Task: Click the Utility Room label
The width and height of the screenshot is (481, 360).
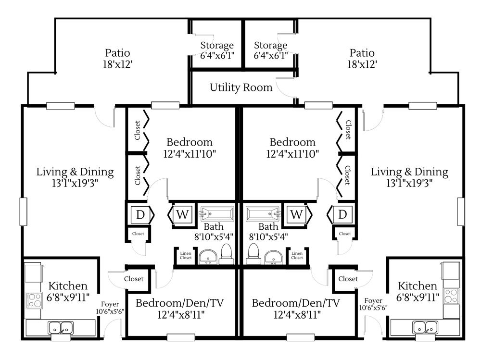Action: pyautogui.click(x=241, y=87)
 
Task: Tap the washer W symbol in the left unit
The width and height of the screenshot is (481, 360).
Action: pyautogui.click(x=182, y=214)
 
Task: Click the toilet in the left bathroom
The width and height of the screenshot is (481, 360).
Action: pyautogui.click(x=227, y=254)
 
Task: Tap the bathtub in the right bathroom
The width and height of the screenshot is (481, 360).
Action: pyautogui.click(x=263, y=214)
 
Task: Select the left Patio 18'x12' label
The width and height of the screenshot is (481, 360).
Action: pyautogui.click(x=117, y=59)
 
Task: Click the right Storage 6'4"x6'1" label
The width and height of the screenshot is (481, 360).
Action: pyautogui.click(x=270, y=50)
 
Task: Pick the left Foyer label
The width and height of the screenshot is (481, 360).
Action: pyautogui.click(x=110, y=304)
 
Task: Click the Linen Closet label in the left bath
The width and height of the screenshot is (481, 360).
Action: pyautogui.click(x=186, y=255)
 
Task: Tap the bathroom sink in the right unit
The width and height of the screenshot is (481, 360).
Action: pyautogui.click(x=274, y=257)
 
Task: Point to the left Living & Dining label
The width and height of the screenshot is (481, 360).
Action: pyautogui.click(x=75, y=172)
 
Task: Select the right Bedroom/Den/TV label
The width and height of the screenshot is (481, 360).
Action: pyautogui.click(x=296, y=303)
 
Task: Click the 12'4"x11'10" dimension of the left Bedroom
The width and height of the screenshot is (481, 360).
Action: pyautogui.click(x=190, y=154)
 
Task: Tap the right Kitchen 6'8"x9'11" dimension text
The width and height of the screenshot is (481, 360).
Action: pyautogui.click(x=418, y=297)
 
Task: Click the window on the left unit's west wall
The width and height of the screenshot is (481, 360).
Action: pyautogui.click(x=23, y=211)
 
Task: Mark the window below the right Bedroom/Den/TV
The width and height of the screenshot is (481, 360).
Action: pyautogui.click(x=300, y=337)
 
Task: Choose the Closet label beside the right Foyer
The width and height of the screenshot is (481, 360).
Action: pyautogui.click(x=348, y=279)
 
